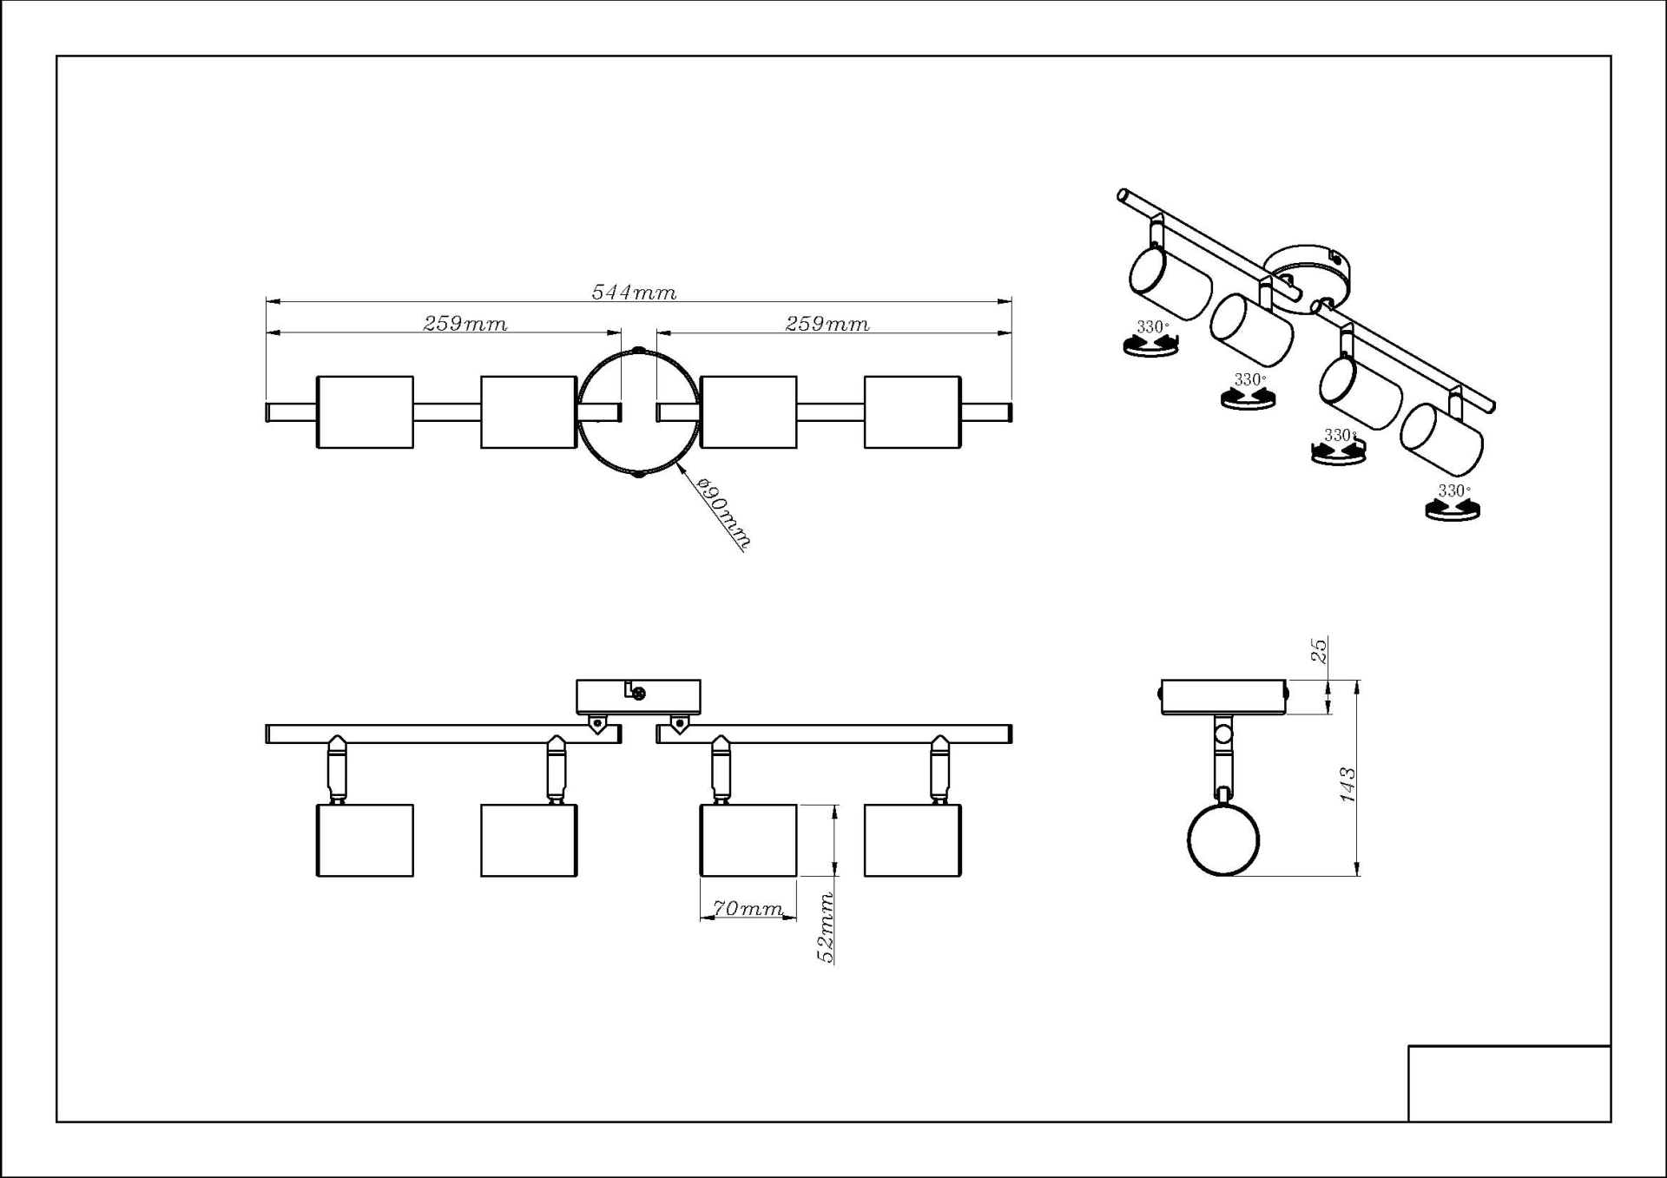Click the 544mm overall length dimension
[x=634, y=293]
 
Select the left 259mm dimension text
[x=465, y=324]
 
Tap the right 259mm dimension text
[x=827, y=324]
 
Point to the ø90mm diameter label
[x=723, y=514]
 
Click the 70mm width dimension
[x=748, y=908]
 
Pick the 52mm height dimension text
[x=827, y=927]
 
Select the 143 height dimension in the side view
[x=1347, y=784]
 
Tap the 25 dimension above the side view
[x=1319, y=650]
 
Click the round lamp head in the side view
[x=1223, y=839]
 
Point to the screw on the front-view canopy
[x=639, y=694]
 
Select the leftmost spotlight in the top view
[x=365, y=412]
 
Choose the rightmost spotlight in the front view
[x=913, y=840]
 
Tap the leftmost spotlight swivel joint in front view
[x=337, y=768]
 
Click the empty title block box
[x=1509, y=1083]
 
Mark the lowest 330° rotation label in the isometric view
[x=1453, y=491]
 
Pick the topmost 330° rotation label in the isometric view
[x=1152, y=327]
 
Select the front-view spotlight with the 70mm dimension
[x=748, y=840]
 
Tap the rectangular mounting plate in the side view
[x=1223, y=697]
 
